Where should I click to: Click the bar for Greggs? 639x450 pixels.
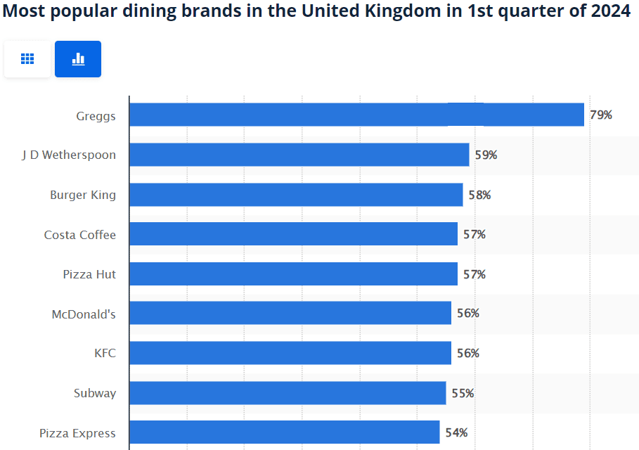pyautogui.click(x=356, y=115)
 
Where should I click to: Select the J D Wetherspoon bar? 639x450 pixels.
pyautogui.click(x=299, y=155)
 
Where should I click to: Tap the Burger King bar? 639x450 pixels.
pyautogui.click(x=296, y=195)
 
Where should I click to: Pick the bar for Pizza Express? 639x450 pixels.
pyautogui.click(x=284, y=432)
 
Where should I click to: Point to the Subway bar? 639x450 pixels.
pyautogui.click(x=288, y=393)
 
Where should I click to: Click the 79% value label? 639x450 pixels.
pyautogui.click(x=601, y=115)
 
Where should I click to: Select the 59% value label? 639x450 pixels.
pyautogui.click(x=486, y=155)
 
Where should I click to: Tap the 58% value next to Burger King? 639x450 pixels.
pyautogui.click(x=479, y=195)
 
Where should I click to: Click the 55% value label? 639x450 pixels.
pyautogui.click(x=463, y=393)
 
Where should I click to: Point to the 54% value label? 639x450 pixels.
pyautogui.click(x=456, y=432)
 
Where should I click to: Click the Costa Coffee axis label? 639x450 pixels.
pyautogui.click(x=79, y=235)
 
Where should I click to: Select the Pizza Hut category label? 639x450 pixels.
pyautogui.click(x=89, y=274)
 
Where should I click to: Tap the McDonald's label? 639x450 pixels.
pyautogui.click(x=84, y=314)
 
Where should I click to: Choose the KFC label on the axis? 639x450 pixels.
pyautogui.click(x=105, y=353)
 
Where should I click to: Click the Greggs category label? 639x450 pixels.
pyautogui.click(x=96, y=115)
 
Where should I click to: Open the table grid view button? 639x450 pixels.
pyautogui.click(x=27, y=59)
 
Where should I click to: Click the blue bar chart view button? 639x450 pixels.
pyautogui.click(x=78, y=59)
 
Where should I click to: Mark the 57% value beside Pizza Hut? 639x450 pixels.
pyautogui.click(x=474, y=274)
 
